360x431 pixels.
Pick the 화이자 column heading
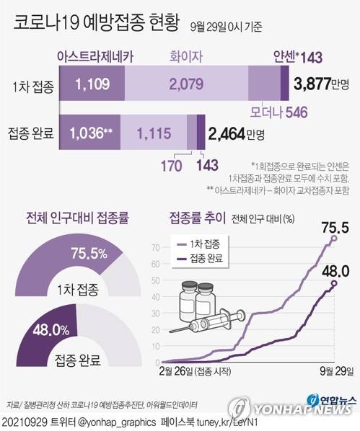(185, 55)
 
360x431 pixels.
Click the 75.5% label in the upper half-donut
(89, 253)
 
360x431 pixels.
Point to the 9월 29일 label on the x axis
(335, 372)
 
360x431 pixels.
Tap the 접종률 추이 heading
(198, 217)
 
